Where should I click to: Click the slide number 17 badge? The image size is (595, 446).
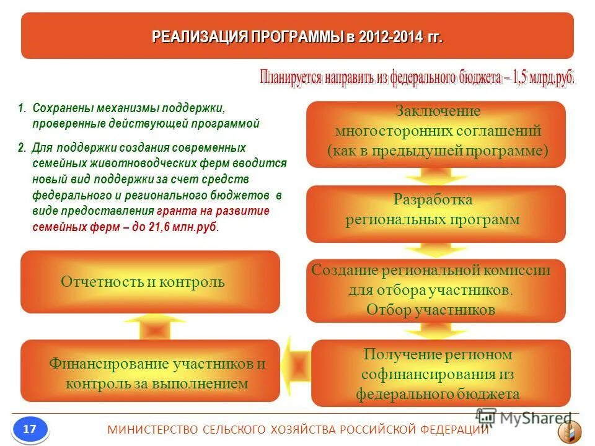click(29, 429)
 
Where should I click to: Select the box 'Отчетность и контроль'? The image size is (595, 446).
click(150, 282)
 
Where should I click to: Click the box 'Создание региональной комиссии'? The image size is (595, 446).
click(436, 291)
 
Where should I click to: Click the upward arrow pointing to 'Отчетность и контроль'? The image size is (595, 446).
click(146, 326)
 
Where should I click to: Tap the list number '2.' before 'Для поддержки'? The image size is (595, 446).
click(22, 148)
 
